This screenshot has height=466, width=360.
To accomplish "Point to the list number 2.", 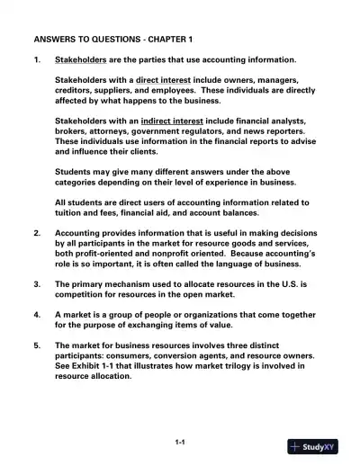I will (x=36, y=233).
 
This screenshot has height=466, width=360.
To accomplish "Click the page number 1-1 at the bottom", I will (x=180, y=442).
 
